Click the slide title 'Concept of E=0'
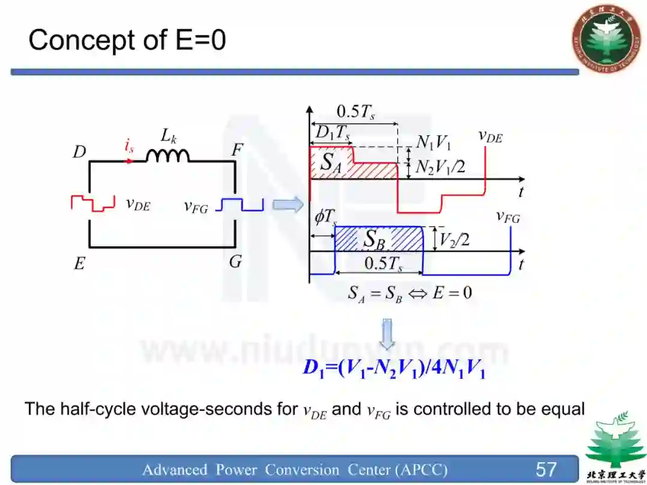(126, 41)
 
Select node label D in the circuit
(80, 152)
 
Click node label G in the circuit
(235, 261)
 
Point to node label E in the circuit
(80, 263)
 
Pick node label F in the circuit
(237, 150)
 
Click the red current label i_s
(129, 145)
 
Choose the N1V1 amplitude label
(433, 143)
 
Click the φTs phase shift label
(325, 217)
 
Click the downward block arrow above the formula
(388, 334)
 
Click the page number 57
(546, 469)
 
